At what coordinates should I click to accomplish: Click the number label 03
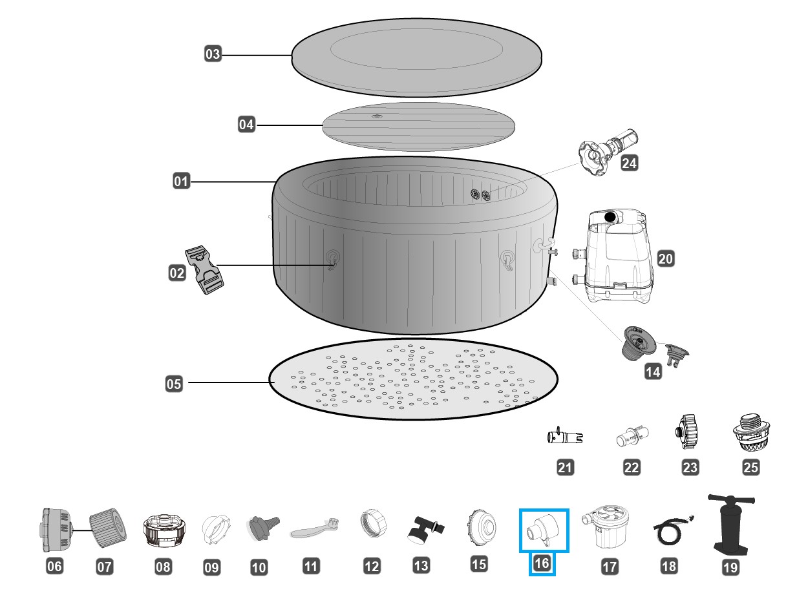213,54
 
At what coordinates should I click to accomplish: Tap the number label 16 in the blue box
542,563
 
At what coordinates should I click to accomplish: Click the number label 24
628,163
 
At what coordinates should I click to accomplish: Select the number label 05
174,384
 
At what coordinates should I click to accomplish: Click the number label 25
751,468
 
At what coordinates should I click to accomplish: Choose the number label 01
181,182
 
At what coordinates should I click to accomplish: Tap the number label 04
246,124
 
